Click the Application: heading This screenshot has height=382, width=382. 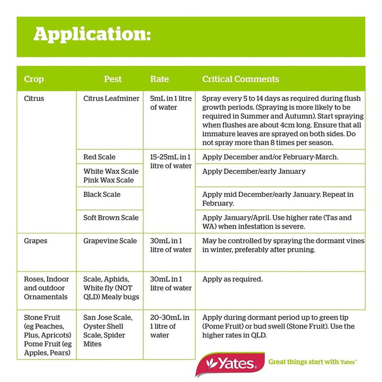(x=92, y=34)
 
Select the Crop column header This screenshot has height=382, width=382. (x=34, y=79)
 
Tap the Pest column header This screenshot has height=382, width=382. (x=113, y=79)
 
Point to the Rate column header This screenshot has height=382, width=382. (x=159, y=79)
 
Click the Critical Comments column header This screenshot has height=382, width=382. (x=241, y=79)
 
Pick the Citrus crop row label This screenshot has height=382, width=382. (x=34, y=98)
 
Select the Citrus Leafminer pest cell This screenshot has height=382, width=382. (x=110, y=98)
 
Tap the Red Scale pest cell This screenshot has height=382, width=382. (x=100, y=157)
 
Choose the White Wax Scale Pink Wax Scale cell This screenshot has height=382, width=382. (x=110, y=175)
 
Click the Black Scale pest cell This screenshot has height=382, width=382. (x=102, y=195)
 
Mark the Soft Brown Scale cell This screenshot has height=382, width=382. (x=111, y=218)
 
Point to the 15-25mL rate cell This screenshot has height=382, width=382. (x=170, y=161)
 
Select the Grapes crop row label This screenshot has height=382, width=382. (x=36, y=241)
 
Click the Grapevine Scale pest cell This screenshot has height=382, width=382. (x=110, y=241)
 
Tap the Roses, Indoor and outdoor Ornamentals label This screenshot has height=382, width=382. (x=47, y=288)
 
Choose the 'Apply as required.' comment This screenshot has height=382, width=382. (x=233, y=279)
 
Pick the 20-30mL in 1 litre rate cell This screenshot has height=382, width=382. (x=170, y=326)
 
